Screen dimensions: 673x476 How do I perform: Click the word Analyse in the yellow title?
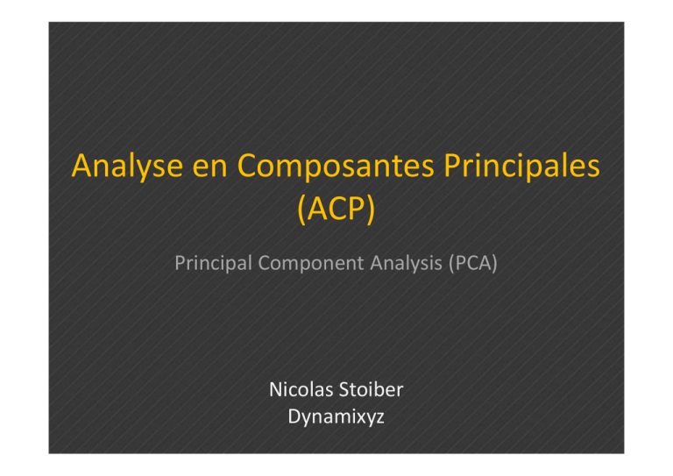[x=127, y=167]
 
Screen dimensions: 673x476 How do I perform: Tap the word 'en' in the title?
[x=210, y=167]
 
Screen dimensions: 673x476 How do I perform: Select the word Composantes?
[x=336, y=166]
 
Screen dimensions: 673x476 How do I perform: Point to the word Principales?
[x=521, y=166]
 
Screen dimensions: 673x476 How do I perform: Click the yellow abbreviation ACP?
[x=336, y=209]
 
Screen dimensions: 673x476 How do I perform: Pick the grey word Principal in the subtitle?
[x=213, y=263]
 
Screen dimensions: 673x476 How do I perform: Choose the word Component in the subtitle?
[x=311, y=263]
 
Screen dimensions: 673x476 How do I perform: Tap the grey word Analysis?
[x=406, y=263]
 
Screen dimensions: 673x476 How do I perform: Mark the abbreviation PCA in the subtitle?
[x=473, y=263]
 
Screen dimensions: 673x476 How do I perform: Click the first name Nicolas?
[x=301, y=390]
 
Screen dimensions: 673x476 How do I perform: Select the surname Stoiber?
[x=372, y=390]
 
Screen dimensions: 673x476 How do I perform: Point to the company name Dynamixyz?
[x=336, y=416]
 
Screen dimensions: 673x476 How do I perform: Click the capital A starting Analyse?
[x=84, y=166]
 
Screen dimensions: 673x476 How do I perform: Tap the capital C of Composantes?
[x=248, y=166]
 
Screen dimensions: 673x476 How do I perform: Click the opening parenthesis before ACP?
[x=301, y=210]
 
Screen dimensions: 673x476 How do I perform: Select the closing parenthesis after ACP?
[x=371, y=210]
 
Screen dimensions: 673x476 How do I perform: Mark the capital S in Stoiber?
[x=344, y=390]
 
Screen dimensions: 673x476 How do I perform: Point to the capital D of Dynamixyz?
[x=294, y=416]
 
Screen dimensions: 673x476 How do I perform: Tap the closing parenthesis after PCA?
[x=494, y=263]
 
